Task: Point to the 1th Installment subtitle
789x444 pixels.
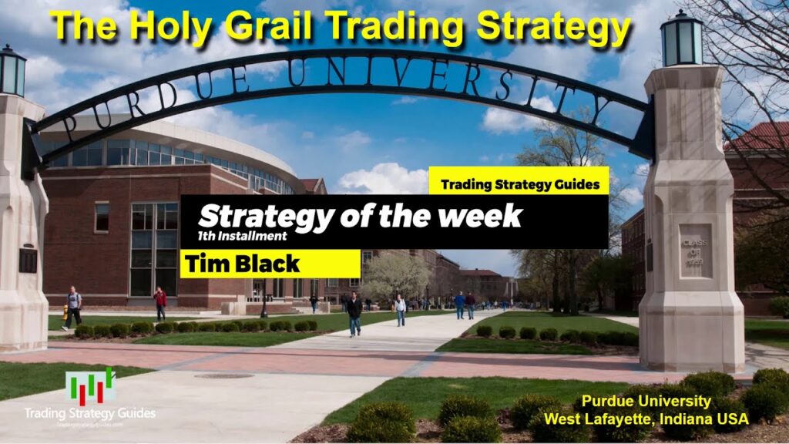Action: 242,237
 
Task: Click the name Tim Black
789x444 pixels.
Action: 242,264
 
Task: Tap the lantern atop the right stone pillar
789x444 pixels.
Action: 681,39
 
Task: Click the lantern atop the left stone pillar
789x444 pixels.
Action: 12,71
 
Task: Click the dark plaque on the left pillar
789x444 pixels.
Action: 28,260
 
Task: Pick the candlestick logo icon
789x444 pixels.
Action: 89,386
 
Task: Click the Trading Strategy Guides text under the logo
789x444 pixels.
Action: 89,414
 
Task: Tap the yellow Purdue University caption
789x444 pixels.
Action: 646,402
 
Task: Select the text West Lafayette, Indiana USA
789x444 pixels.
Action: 646,419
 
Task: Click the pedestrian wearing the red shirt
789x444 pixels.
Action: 160,302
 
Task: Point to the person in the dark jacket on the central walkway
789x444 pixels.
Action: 354,313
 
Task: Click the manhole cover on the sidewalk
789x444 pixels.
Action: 223,376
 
